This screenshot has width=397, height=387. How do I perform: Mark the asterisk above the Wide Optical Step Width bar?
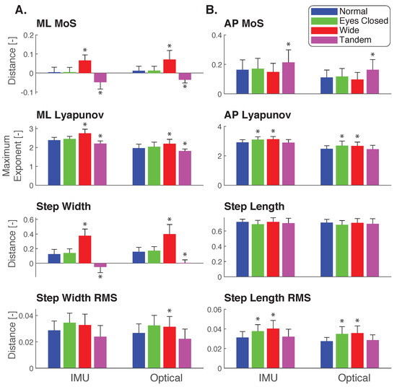coord(170,219)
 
